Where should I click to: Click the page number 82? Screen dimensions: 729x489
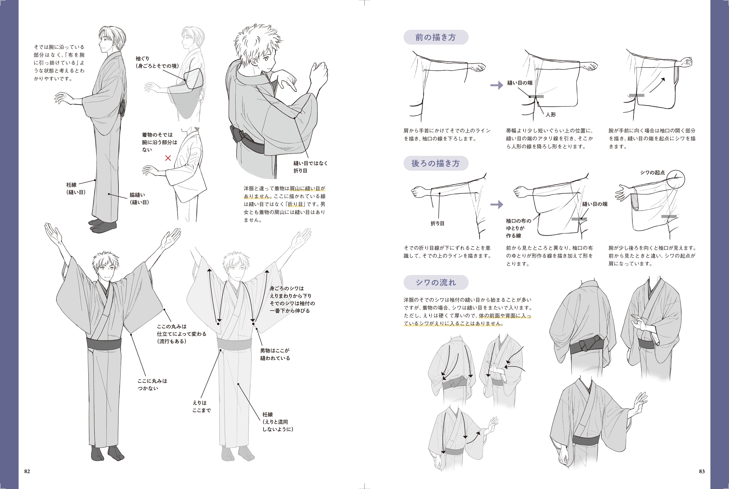[27, 471]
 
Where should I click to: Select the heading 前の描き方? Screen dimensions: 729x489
[436, 37]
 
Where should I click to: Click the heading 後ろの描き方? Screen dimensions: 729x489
[436, 163]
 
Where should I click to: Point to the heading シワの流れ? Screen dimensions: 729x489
[436, 283]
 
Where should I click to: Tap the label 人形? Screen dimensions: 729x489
[551, 114]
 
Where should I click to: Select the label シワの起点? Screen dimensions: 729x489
[653, 172]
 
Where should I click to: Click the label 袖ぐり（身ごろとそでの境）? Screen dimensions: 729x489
[157, 62]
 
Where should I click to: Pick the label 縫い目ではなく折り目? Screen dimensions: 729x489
[310, 167]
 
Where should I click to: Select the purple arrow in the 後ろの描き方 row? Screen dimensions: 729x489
[497, 205]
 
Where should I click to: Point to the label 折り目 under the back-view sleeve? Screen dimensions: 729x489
[437, 223]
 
